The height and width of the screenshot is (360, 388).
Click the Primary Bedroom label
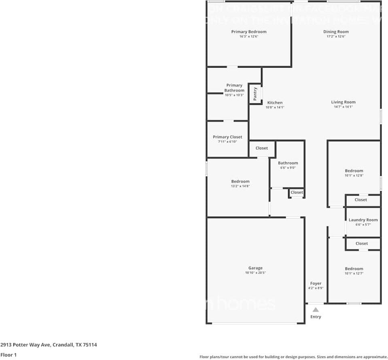[249, 32]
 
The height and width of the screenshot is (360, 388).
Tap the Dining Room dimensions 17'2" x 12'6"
[336, 36]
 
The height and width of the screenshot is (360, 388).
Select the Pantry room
[255, 94]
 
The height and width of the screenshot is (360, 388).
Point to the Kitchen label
[275, 102]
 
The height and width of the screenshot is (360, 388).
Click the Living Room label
[343, 102]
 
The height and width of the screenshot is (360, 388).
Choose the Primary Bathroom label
[234, 87]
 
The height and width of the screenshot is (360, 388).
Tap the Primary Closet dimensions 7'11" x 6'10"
[227, 142]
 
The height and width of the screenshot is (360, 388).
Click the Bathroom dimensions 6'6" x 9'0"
[288, 168]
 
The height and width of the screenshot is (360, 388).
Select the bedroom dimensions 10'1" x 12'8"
[354, 175]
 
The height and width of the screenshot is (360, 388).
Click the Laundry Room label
[363, 220]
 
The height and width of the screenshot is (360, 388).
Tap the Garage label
[255, 268]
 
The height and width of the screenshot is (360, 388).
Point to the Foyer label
[316, 283]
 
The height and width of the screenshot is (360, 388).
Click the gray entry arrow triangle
[316, 310]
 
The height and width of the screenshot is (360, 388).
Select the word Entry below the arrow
[316, 317]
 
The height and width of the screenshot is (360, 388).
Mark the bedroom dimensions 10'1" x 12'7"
[354, 273]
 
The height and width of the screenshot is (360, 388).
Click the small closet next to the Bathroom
[297, 192]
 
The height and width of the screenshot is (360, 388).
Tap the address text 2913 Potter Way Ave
[25, 345]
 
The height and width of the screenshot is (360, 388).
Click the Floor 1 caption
[8, 355]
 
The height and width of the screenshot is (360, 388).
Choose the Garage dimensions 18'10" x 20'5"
[255, 273]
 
